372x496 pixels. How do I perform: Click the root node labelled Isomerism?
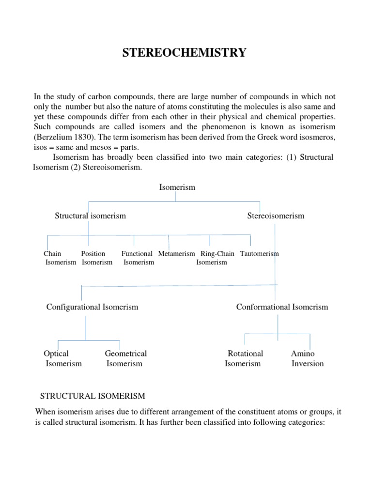click(177, 187)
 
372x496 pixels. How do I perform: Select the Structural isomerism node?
click(90, 216)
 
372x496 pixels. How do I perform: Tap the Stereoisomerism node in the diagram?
click(276, 216)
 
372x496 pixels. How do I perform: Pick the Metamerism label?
click(176, 253)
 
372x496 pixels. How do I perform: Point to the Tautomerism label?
click(259, 253)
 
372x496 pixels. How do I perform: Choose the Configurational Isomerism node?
click(92, 307)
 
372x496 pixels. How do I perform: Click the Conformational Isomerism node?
click(282, 307)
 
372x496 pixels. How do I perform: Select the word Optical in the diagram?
click(56, 354)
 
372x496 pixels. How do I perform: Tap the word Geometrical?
click(126, 354)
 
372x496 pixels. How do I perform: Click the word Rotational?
click(246, 354)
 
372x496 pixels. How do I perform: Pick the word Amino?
click(303, 354)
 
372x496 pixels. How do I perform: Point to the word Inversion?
click(308, 364)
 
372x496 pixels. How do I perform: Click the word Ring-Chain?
click(217, 253)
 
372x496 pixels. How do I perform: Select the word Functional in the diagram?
click(137, 253)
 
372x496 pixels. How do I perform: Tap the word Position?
click(93, 253)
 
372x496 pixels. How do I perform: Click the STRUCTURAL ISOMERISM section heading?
click(93, 396)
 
